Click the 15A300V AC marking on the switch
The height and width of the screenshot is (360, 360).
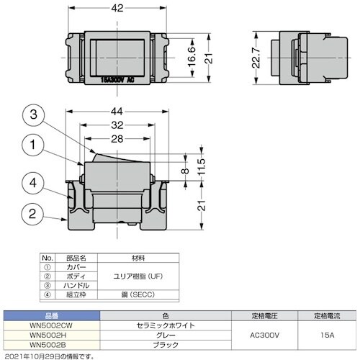click(x=117, y=78)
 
